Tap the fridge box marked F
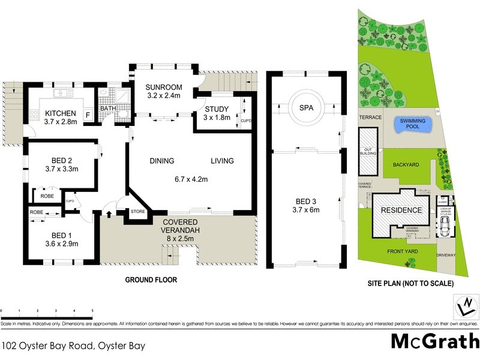[88, 114]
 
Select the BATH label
[108, 109]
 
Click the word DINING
[161, 161]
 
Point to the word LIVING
[222, 161]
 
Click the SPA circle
[307, 107]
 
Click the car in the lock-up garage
[445, 227]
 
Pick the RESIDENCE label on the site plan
[401, 211]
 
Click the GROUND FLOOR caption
[150, 280]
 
